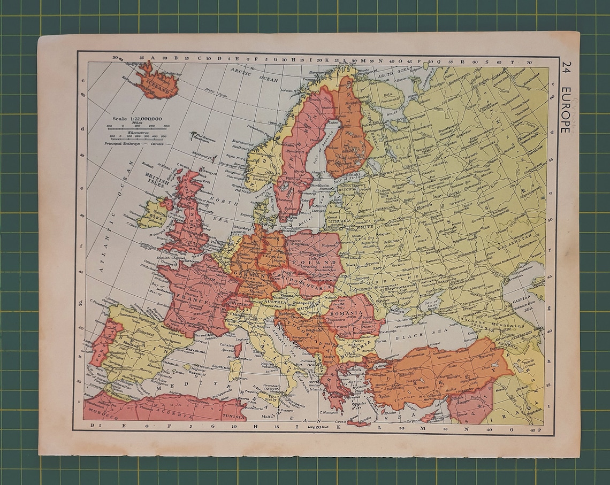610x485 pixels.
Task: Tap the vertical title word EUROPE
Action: pos(566,109)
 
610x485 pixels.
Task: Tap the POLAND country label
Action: pos(320,263)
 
